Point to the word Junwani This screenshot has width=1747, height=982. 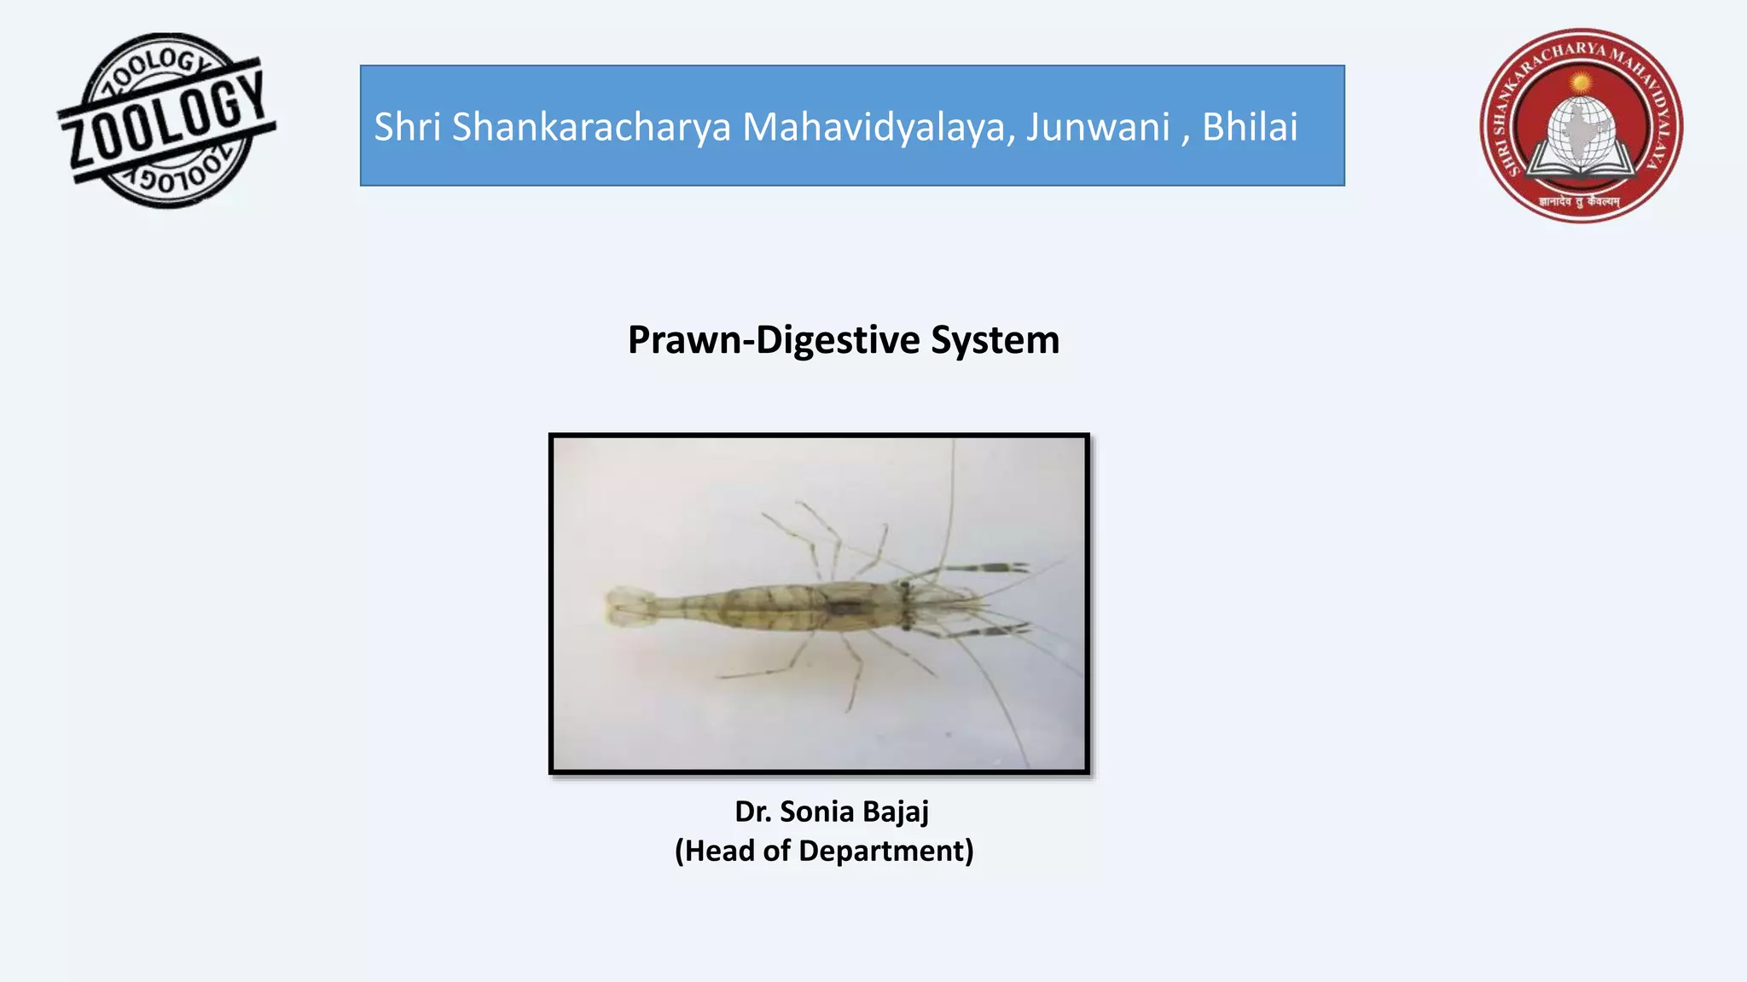(1097, 127)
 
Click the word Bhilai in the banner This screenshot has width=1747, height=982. (1250, 127)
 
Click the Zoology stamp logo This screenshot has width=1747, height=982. (166, 120)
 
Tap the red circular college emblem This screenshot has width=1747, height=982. (1581, 125)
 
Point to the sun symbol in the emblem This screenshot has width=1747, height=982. (1581, 83)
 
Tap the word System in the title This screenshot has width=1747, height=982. (995, 340)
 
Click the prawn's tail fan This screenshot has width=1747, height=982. (630, 606)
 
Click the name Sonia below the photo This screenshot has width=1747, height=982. (816, 812)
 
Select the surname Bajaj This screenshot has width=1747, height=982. (895, 812)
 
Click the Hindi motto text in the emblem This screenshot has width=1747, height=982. (1580, 202)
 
